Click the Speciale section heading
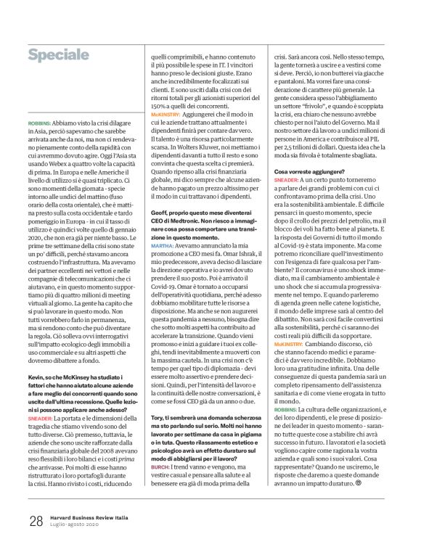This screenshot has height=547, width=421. click(59, 55)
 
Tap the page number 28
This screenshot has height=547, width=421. click(36, 521)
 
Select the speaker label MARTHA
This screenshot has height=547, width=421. click(162, 226)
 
